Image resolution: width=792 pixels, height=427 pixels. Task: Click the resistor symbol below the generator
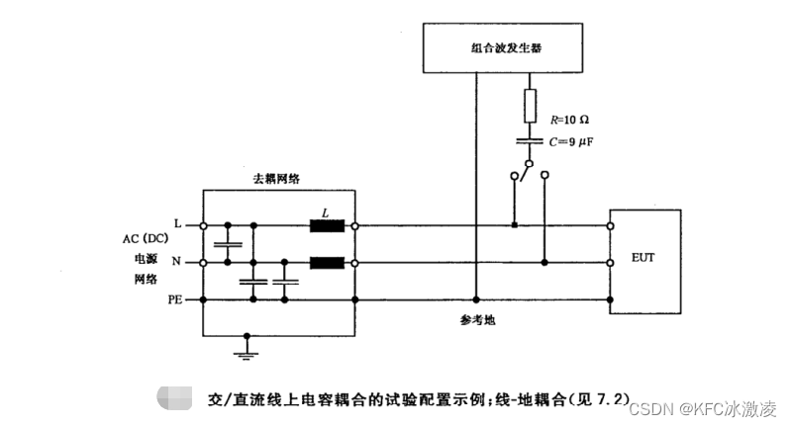[530, 103]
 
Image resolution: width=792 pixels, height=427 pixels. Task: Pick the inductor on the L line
[326, 225]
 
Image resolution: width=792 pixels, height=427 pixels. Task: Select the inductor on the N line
[326, 263]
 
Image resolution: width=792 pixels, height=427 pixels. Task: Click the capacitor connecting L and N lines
[227, 244]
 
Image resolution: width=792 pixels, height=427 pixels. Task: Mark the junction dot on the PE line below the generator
[476, 299]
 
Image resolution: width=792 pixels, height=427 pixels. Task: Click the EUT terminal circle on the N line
[610, 263]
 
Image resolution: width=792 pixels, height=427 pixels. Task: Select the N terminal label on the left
[176, 263]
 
